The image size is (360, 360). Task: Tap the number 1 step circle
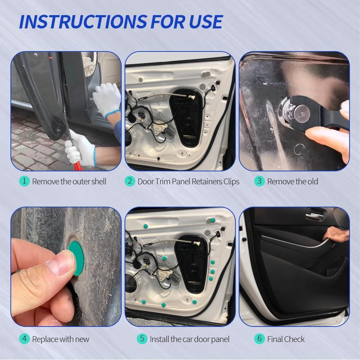point(24,181)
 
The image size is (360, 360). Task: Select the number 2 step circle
point(130,181)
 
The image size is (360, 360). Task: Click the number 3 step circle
point(259,181)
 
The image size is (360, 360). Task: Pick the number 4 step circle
point(24,338)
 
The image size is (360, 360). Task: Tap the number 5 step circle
point(142,338)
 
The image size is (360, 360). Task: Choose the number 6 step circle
point(259,338)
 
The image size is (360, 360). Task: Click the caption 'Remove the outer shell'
point(69,181)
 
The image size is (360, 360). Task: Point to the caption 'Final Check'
point(286,339)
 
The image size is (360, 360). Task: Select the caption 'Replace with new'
point(60,339)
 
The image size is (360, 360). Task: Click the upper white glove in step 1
point(107,99)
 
